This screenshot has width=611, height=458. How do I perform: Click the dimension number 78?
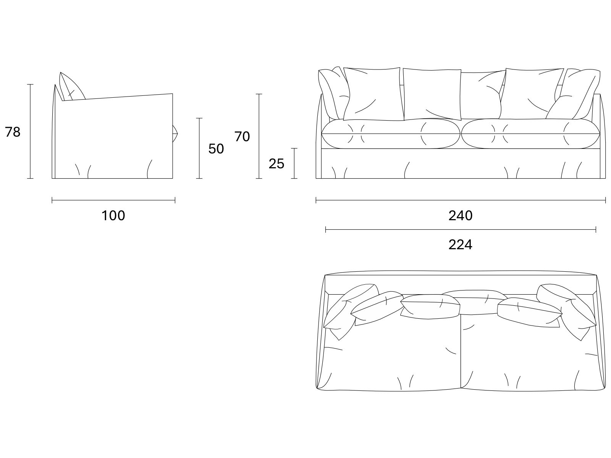click(13, 132)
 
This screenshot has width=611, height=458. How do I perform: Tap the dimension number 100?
click(113, 216)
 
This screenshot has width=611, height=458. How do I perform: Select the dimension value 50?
click(216, 149)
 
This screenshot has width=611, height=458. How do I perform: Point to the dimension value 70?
click(242, 137)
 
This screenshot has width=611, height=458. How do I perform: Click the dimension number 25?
click(276, 164)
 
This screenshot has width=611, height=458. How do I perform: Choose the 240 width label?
click(461, 216)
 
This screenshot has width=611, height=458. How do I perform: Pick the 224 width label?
click(461, 245)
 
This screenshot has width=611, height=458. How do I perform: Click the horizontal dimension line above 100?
click(113, 200)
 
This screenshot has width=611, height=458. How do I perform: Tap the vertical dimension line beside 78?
click(30, 131)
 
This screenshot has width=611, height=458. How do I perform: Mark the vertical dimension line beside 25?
click(294, 163)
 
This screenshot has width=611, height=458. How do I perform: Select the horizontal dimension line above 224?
click(461, 230)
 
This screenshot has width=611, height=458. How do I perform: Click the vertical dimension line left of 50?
click(199, 148)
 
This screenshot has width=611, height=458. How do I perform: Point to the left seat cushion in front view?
click(391, 134)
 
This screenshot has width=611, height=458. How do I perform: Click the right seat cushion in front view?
click(530, 134)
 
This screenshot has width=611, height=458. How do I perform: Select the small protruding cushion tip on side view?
click(175, 134)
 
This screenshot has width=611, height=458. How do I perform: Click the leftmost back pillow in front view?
click(333, 93)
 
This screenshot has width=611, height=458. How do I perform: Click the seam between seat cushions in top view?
click(461, 351)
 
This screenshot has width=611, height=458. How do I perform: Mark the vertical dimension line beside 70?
click(259, 136)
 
